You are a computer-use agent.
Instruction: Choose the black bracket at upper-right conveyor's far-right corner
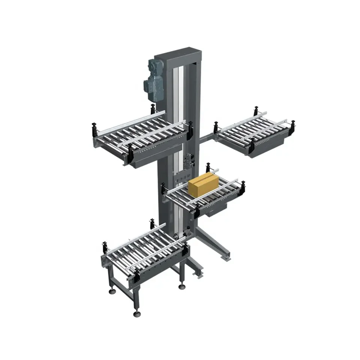(x=292, y=125)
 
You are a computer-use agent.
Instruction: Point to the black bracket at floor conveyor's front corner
(x=136, y=276)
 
